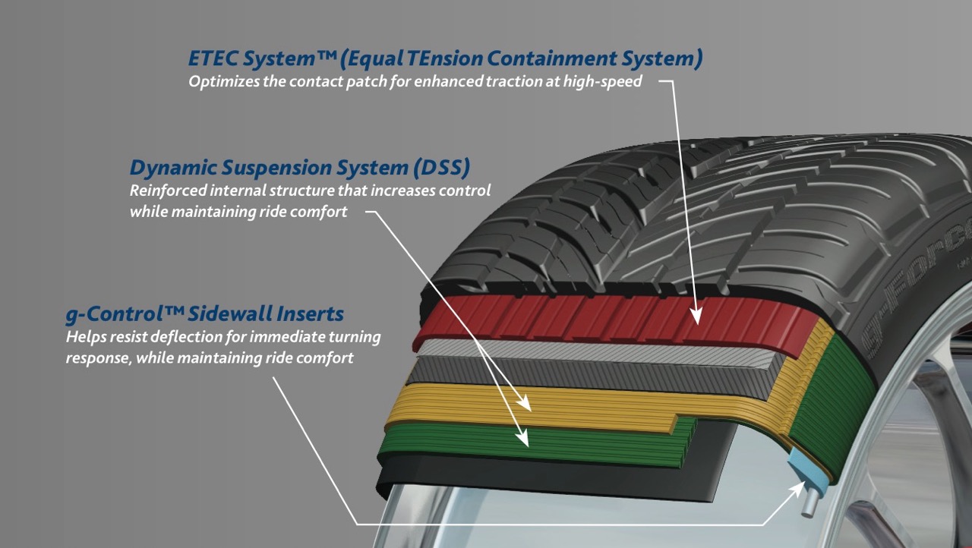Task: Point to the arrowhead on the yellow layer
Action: (525, 405)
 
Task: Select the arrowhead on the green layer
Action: (522, 438)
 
